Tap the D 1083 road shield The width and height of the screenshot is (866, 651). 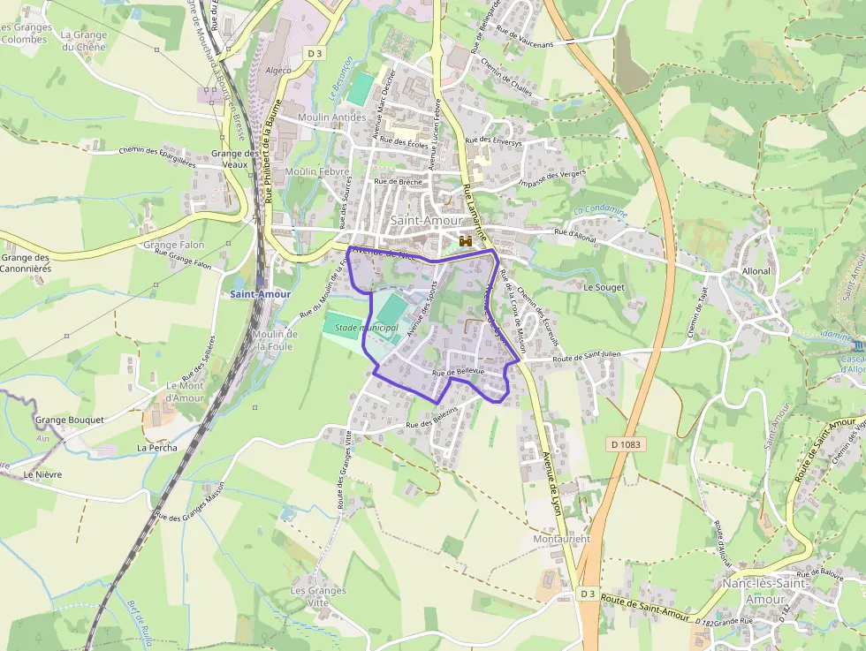[x=623, y=443]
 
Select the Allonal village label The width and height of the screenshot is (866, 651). [x=756, y=271]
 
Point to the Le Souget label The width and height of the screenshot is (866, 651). [x=604, y=287]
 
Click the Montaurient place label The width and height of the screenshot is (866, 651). [x=562, y=538]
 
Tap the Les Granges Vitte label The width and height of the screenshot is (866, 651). [x=310, y=595]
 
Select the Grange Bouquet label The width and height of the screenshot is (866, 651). [x=70, y=420]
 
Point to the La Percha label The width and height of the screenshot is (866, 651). [x=156, y=448]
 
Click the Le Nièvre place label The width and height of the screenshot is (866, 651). [x=42, y=474]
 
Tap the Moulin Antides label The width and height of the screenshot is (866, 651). [x=331, y=117]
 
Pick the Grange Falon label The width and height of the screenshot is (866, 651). [x=173, y=245]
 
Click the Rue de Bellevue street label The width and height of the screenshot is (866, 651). [x=458, y=373]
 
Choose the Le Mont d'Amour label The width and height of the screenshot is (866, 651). [x=185, y=392]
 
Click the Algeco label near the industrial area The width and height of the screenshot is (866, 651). [x=277, y=69]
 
